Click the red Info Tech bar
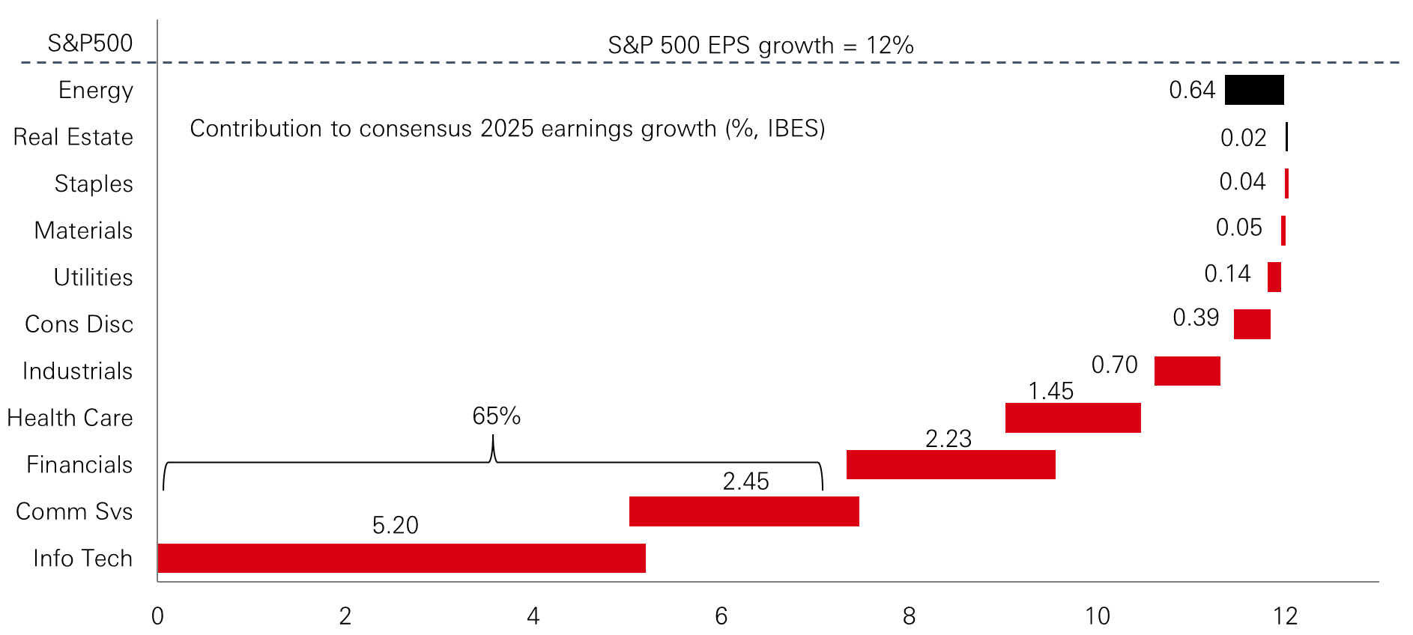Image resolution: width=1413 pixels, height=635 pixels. tap(402, 558)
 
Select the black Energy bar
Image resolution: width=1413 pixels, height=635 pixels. tap(1253, 90)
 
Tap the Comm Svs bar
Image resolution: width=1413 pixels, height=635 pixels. tap(744, 511)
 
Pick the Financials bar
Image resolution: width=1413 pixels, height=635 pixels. tap(951, 464)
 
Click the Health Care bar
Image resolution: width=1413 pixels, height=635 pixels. tap(1073, 418)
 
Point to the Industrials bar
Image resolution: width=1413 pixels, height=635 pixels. tap(1187, 371)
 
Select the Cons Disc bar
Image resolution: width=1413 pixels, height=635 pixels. tap(1252, 324)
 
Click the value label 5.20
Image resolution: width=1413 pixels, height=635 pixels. tap(395, 525)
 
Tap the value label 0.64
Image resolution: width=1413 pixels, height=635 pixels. tap(1191, 90)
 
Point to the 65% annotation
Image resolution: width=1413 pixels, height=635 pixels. tap(496, 416)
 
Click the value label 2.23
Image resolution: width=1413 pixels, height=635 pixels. tap(948, 438)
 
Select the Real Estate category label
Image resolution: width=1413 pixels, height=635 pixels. tap(73, 137)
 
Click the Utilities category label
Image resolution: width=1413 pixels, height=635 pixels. tap(93, 277)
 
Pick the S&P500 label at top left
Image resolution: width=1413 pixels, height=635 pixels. tap(90, 43)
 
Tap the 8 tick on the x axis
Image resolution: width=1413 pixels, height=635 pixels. tap(909, 616)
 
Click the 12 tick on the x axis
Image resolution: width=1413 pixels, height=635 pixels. tap(1285, 616)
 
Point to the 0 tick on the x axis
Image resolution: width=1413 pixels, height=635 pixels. tap(157, 616)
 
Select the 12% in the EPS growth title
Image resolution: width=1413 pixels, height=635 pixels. tap(889, 45)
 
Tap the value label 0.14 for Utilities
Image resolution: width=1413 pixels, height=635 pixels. tap(1227, 273)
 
